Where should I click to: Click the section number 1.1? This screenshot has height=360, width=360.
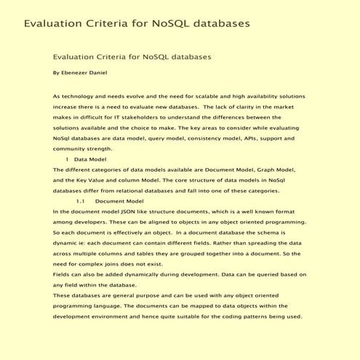point(81,201)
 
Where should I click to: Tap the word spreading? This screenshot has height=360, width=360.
point(252,242)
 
